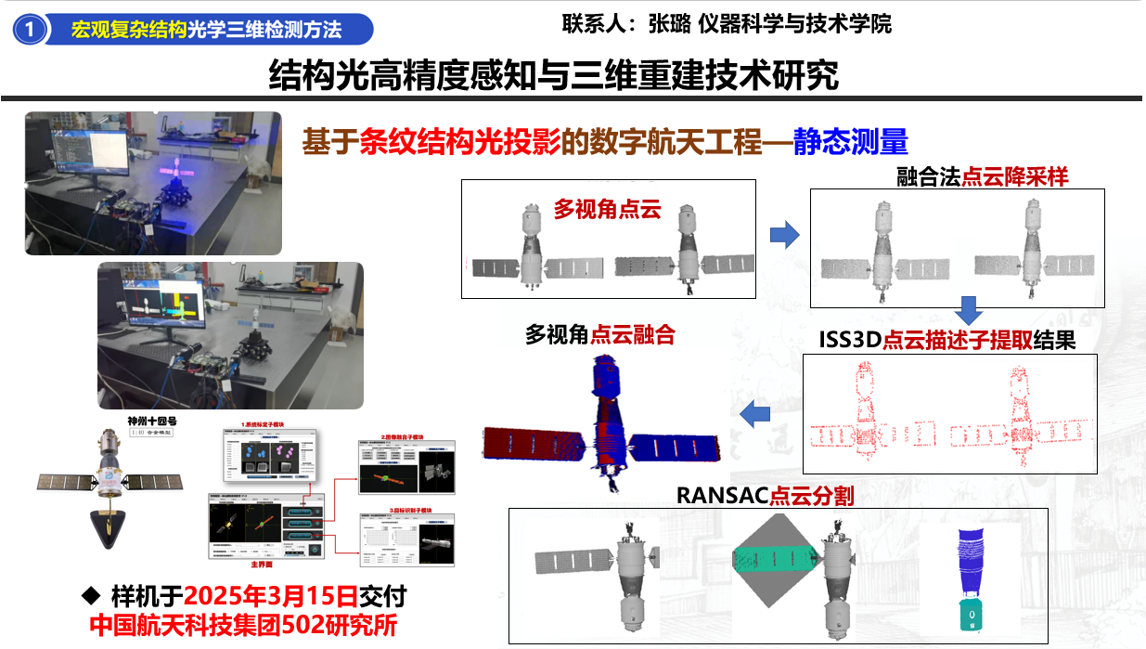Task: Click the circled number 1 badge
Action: pos(31,30)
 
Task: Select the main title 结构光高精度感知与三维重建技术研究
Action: pos(553,75)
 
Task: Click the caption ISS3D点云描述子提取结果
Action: pos(946,341)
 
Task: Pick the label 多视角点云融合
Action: pos(599,335)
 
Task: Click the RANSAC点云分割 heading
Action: pos(765,495)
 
